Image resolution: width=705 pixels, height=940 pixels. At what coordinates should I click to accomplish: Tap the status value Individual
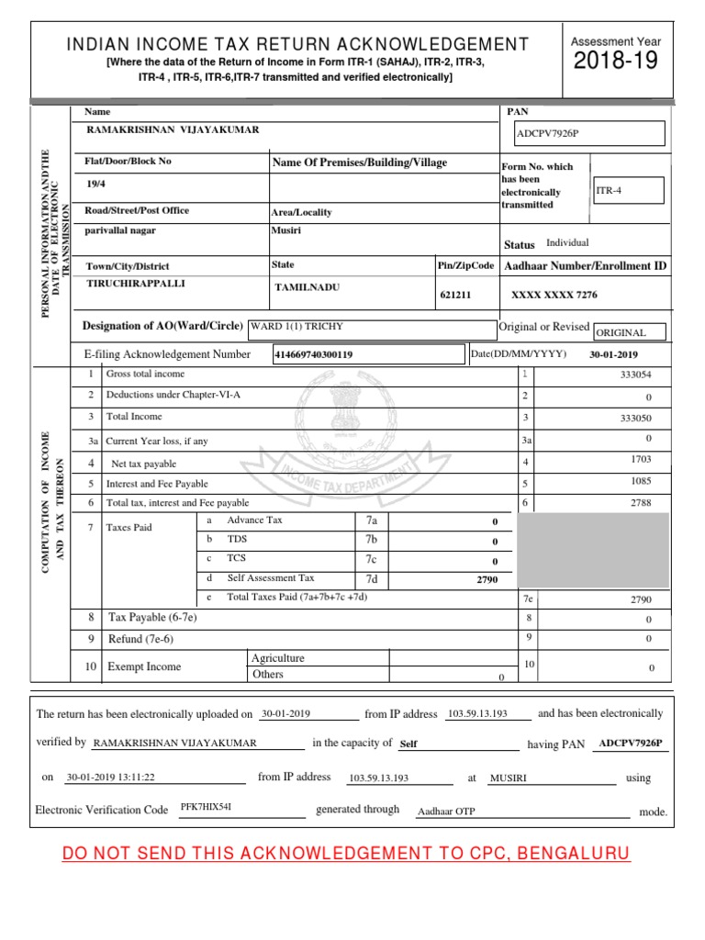pos(567,243)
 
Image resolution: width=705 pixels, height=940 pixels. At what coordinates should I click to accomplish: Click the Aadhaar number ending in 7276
pos(554,296)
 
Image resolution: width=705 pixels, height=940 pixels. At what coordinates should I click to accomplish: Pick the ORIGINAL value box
pos(629,332)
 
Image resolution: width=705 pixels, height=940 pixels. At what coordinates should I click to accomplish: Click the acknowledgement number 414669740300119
pos(367,354)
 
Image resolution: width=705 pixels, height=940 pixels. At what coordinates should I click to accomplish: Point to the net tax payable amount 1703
pos(641,458)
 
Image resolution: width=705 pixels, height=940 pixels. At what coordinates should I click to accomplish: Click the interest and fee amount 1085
pos(641,480)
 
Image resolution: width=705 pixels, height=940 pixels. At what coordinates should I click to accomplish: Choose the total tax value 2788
pos(641,503)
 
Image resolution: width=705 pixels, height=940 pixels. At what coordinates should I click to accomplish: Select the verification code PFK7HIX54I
pos(207,806)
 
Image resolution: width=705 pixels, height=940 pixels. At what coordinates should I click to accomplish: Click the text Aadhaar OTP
pos(446,811)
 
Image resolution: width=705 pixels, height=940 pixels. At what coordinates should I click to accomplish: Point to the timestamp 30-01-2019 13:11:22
pos(110,778)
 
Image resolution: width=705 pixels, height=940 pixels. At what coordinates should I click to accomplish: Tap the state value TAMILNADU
pos(308,287)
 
